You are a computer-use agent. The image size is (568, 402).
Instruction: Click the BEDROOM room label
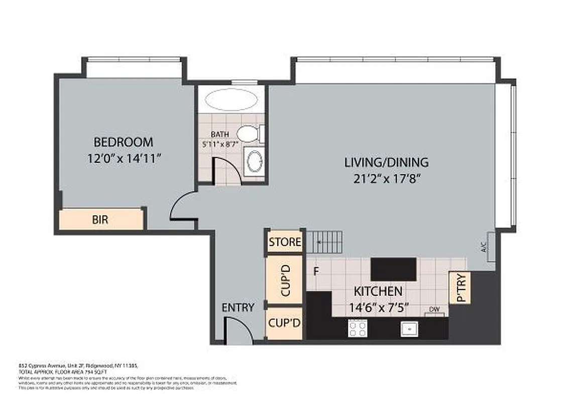123,142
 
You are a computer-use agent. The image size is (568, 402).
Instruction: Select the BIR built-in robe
101,220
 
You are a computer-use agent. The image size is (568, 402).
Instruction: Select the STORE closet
285,242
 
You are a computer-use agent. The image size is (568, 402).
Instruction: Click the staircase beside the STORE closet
324,242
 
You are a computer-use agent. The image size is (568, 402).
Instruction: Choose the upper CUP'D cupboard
285,280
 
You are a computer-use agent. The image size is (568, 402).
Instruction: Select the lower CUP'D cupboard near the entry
285,323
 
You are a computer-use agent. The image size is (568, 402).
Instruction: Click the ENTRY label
238,308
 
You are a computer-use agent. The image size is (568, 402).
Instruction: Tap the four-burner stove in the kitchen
358,329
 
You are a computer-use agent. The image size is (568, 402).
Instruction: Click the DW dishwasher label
435,310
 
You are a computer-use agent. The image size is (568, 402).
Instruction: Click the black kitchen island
393,269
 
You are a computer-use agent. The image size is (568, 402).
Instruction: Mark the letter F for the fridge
316,272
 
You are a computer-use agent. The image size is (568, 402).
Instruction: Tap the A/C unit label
484,247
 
